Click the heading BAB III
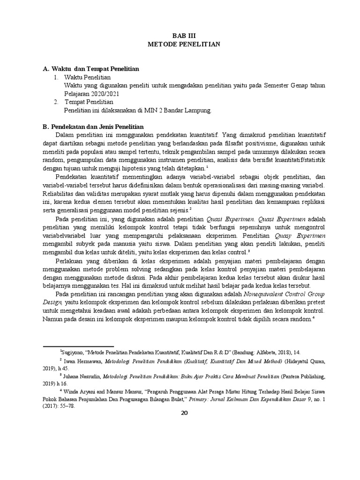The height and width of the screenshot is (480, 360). point(182,36)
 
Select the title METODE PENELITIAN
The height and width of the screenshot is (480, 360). point(182,44)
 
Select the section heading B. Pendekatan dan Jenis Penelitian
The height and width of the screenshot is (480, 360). point(93,127)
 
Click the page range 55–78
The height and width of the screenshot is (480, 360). point(65,406)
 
